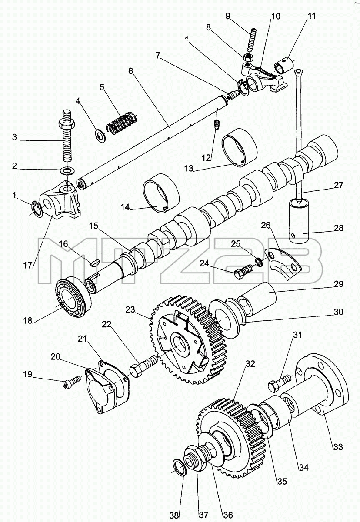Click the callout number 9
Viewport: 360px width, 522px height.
pos(228,16)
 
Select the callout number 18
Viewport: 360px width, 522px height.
pos(28,320)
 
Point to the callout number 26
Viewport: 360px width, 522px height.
pos(266,226)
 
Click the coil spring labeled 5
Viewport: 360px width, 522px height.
pos(121,123)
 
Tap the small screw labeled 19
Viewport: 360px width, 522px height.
pos(72,382)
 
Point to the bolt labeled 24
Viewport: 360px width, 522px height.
pos(243,271)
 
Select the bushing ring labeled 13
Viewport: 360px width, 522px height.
pos(240,148)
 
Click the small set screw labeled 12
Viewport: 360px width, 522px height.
pos(217,124)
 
